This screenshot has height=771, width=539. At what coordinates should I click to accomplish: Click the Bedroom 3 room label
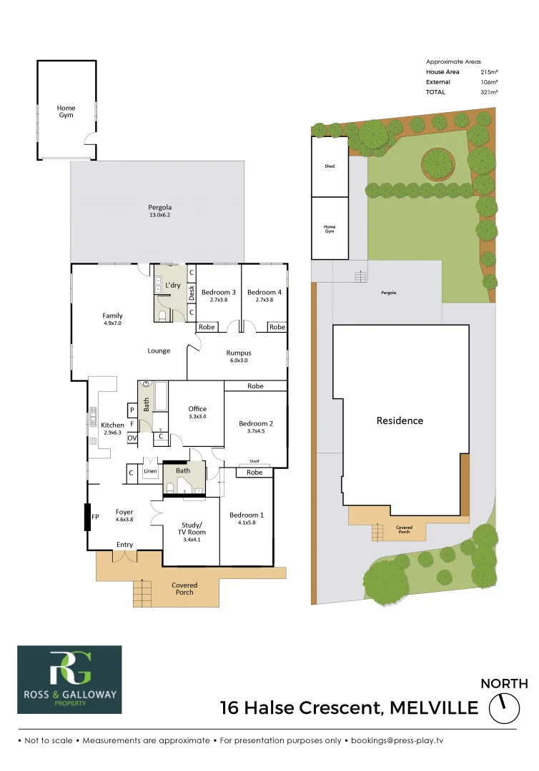click(x=218, y=292)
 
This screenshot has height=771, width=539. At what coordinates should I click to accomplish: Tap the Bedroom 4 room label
click(x=264, y=292)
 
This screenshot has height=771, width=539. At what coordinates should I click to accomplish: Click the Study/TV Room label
click(x=191, y=528)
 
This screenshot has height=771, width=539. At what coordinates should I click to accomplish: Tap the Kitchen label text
click(x=112, y=425)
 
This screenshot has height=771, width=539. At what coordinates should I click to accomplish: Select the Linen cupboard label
click(x=150, y=471)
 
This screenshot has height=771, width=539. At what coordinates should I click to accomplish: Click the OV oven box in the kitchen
click(x=132, y=438)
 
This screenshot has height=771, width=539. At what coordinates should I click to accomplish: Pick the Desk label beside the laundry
click(x=191, y=292)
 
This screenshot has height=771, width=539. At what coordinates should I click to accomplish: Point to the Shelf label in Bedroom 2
click(x=254, y=461)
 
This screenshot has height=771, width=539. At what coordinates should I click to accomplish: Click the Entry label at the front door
click(x=124, y=545)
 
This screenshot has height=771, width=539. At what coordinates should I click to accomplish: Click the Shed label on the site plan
click(x=330, y=166)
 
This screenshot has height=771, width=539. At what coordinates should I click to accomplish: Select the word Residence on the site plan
click(x=400, y=420)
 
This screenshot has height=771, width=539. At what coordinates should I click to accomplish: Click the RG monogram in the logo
click(x=69, y=670)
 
